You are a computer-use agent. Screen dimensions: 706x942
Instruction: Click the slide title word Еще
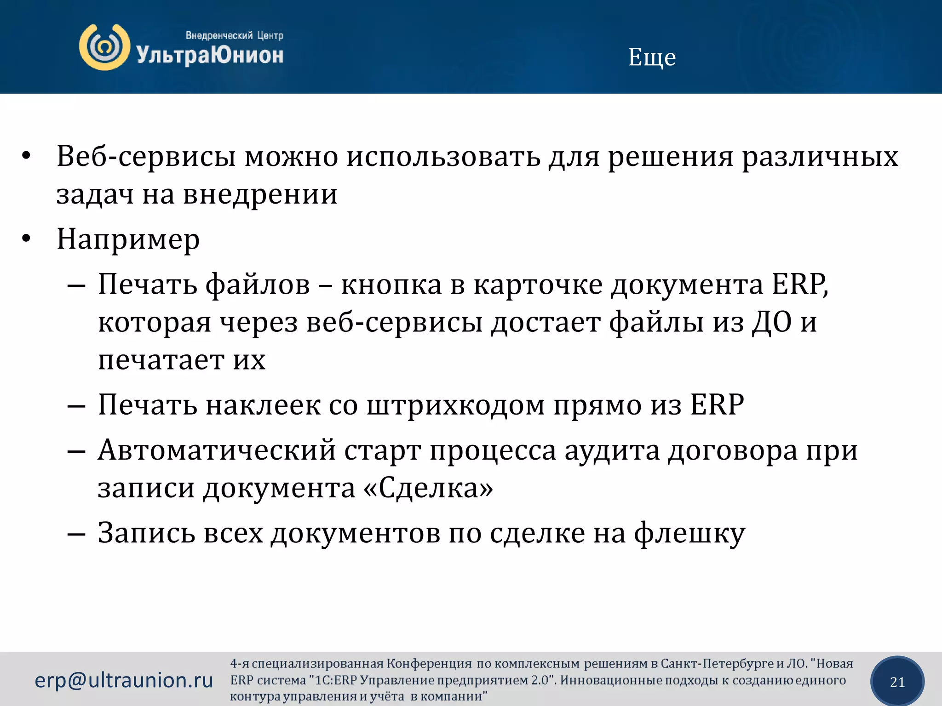tap(652, 58)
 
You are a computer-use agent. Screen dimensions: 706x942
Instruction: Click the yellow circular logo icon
tap(104, 47)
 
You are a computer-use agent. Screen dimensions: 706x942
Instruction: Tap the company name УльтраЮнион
tap(210, 56)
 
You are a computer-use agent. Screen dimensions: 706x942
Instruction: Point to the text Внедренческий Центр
tap(234, 35)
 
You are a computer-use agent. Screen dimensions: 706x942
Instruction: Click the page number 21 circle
tap(897, 682)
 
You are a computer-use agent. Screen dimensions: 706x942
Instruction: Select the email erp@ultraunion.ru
tap(124, 680)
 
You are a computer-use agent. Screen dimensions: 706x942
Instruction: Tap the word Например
tap(128, 239)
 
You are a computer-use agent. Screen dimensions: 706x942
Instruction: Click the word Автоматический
tap(217, 450)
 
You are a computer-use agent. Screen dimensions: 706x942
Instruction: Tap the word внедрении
tap(260, 194)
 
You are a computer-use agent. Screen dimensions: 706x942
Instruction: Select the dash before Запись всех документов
tap(76, 534)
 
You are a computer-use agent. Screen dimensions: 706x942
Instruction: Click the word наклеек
tap(263, 405)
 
